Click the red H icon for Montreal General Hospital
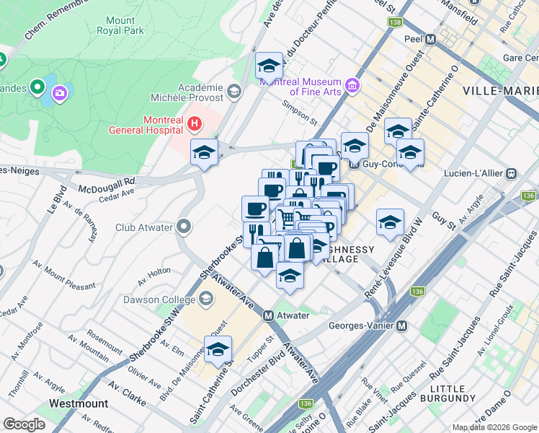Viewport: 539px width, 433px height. click(x=192, y=124)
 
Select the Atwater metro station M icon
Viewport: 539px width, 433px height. click(x=268, y=315)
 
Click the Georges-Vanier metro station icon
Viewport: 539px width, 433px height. click(x=402, y=325)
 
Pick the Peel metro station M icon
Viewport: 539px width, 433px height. click(x=431, y=40)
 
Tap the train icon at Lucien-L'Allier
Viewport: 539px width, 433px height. click(x=512, y=174)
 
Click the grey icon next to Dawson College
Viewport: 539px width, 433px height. click(x=207, y=298)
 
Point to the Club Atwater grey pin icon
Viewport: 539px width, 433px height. click(x=184, y=227)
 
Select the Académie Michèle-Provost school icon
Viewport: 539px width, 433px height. click(x=233, y=91)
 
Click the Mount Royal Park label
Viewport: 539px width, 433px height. click(x=125, y=25)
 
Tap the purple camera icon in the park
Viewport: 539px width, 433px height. click(x=59, y=92)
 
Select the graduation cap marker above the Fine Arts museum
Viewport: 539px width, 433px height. click(x=269, y=66)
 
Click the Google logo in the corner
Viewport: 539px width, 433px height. click(x=24, y=424)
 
